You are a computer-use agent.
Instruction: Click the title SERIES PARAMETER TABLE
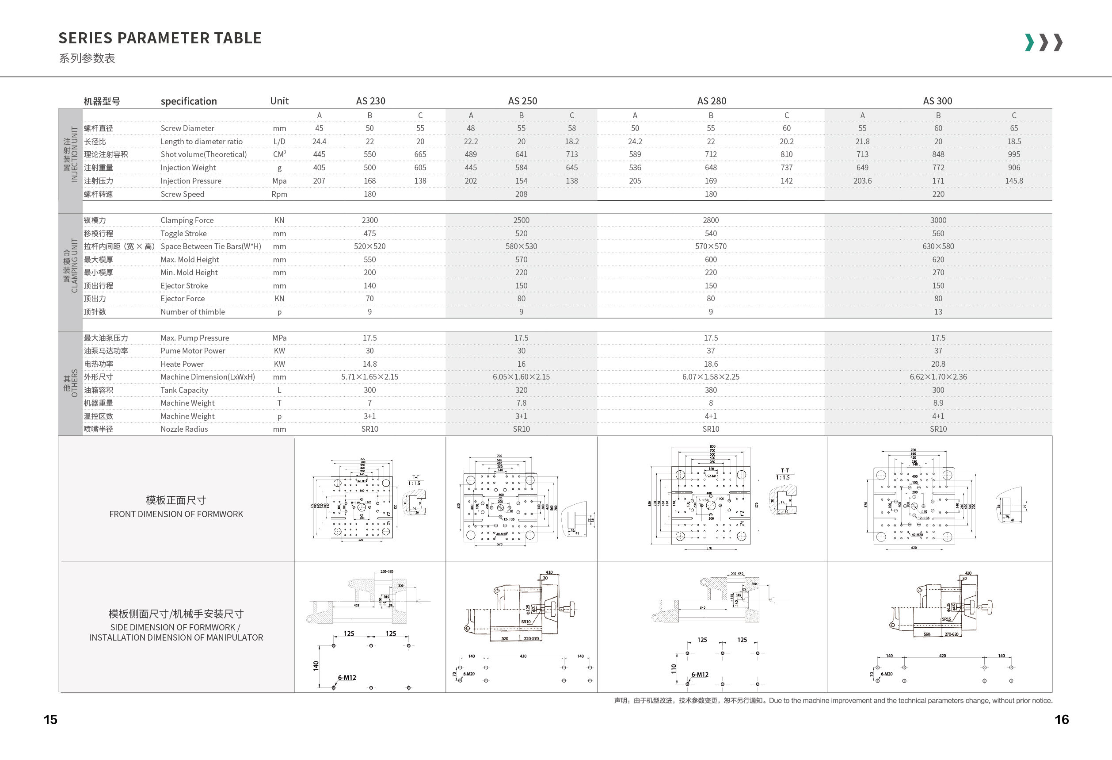click(160, 38)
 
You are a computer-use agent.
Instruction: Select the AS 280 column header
click(711, 101)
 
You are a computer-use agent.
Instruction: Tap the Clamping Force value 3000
click(938, 220)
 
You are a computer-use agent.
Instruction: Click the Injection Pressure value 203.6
click(862, 181)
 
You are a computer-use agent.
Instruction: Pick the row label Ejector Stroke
click(184, 286)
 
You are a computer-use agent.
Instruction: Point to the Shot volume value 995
click(1013, 155)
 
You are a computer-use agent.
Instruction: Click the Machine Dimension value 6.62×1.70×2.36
click(938, 377)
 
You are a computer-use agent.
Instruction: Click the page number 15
click(50, 720)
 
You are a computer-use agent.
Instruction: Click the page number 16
click(1061, 720)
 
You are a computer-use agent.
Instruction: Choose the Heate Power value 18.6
click(711, 364)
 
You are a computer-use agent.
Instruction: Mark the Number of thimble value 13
click(938, 312)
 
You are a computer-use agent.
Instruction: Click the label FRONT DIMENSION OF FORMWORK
click(176, 514)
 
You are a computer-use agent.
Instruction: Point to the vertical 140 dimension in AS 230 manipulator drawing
click(316, 666)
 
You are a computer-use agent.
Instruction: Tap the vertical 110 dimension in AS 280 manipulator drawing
click(674, 668)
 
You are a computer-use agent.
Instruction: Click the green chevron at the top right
click(1029, 42)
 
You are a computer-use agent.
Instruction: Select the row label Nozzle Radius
click(184, 429)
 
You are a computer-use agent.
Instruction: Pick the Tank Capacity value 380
click(711, 390)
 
